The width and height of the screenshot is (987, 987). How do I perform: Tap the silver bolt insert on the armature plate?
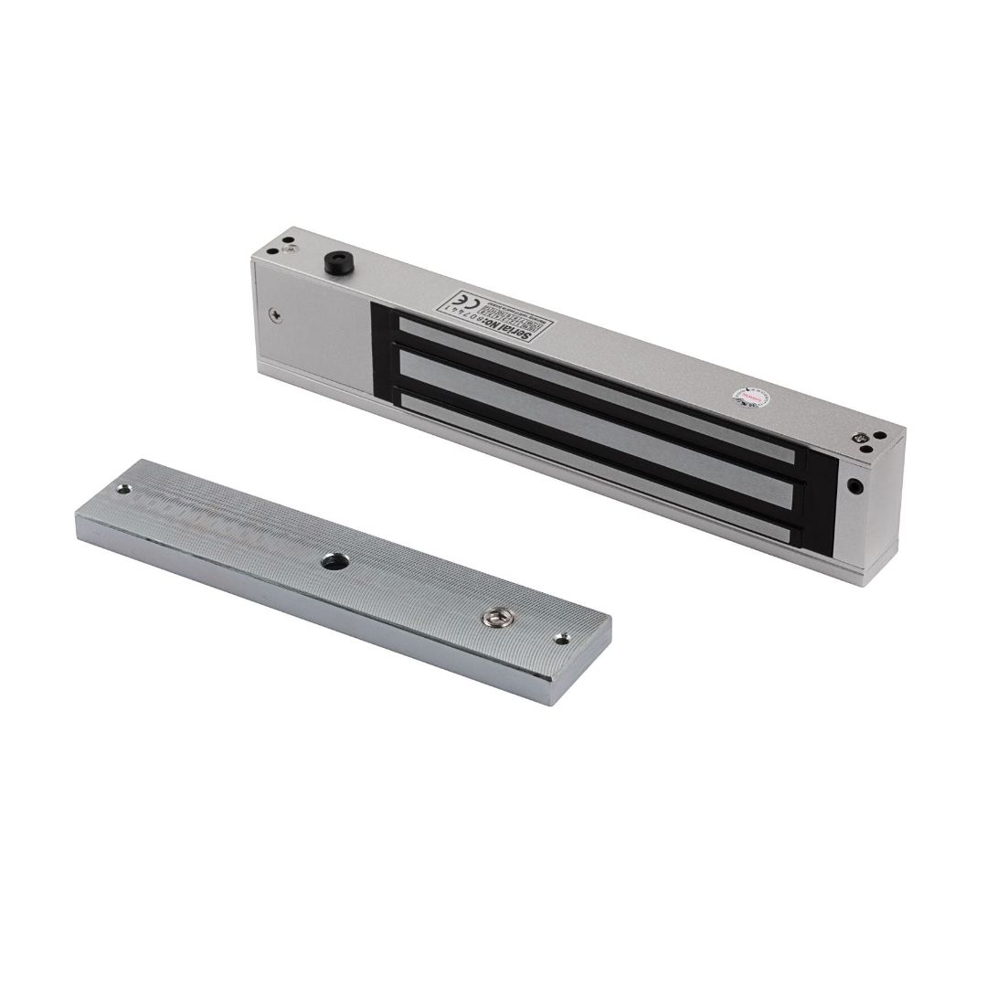(497, 620)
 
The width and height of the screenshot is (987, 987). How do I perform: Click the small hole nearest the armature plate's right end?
(562, 639)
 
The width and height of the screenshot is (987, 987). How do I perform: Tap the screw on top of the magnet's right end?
(862, 440)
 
